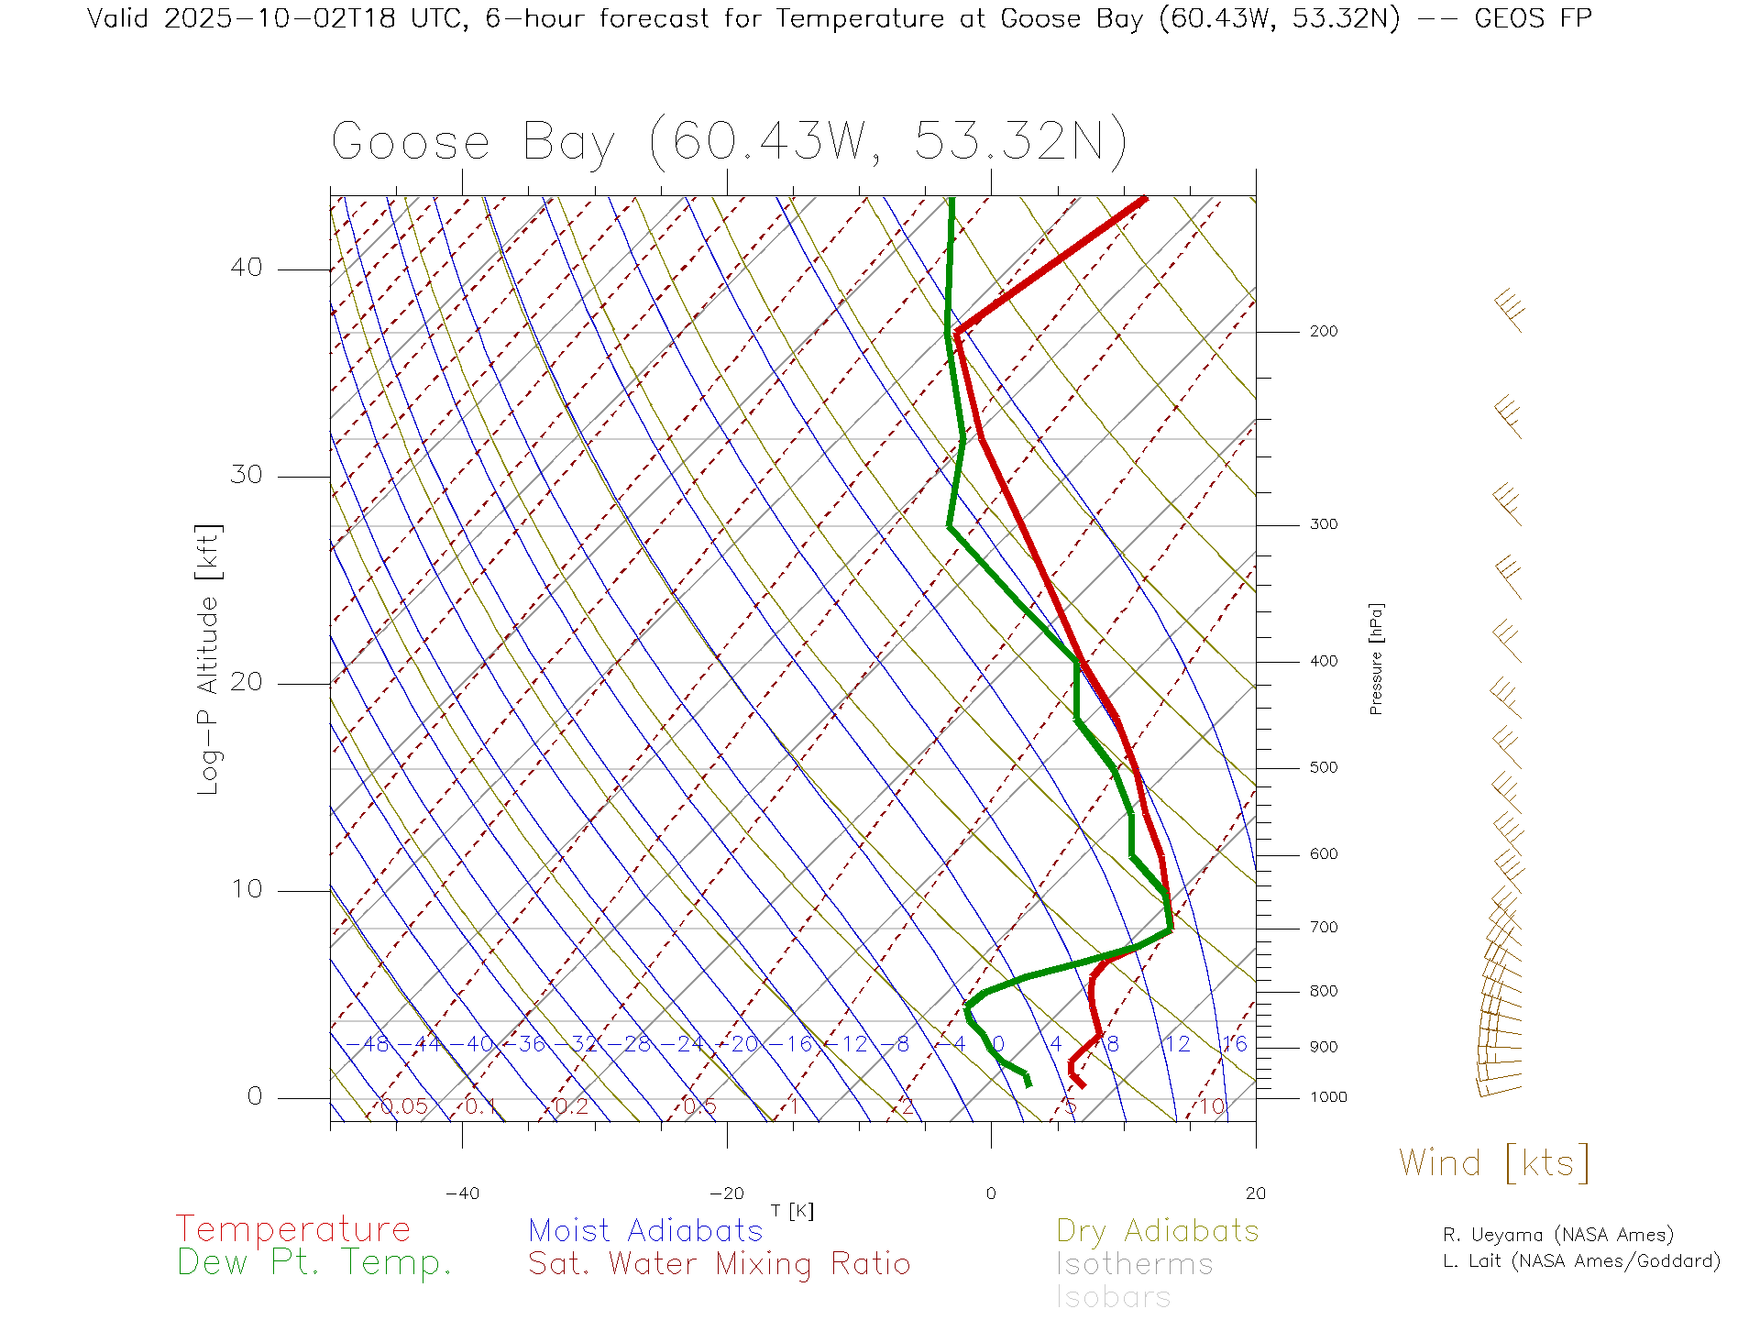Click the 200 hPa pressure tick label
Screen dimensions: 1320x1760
click(x=1323, y=332)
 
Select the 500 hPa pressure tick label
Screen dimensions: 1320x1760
click(x=1323, y=768)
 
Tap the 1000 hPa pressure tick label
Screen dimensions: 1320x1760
click(x=1328, y=1097)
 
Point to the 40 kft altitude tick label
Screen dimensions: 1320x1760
click(x=246, y=268)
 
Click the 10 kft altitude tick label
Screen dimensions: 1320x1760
click(x=246, y=889)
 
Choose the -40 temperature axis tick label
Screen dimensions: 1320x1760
click(x=462, y=1193)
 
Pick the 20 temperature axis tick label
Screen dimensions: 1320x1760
click(x=1255, y=1193)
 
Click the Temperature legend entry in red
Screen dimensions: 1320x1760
click(x=293, y=1228)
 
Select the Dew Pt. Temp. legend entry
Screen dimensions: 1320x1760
click(x=314, y=1263)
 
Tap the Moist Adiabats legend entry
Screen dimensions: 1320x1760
click(x=645, y=1230)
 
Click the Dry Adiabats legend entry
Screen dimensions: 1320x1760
click(x=1158, y=1230)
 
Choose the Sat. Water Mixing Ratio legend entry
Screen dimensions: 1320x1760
click(x=719, y=1264)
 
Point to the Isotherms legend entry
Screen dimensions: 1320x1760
click(x=1134, y=1264)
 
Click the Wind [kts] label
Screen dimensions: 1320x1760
click(x=1494, y=1163)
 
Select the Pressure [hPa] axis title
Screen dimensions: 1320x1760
click(x=1376, y=658)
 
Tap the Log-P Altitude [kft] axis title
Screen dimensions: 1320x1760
click(x=209, y=660)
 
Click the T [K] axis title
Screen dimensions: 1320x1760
click(x=792, y=1211)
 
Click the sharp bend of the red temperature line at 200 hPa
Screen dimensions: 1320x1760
click(x=957, y=331)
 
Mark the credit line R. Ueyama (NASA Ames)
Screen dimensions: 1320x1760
click(x=1558, y=1235)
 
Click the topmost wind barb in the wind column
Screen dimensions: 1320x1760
click(x=1509, y=310)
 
